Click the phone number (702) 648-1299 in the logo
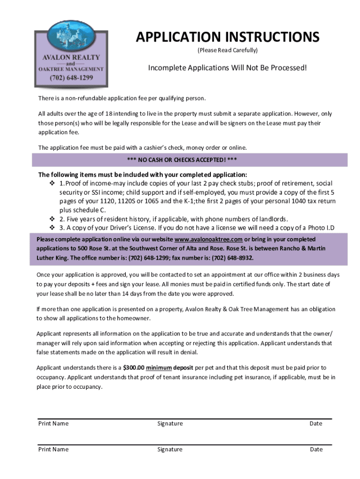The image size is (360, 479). tap(72, 78)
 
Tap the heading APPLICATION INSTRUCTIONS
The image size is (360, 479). tap(228, 37)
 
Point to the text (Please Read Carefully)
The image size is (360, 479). tap(228, 50)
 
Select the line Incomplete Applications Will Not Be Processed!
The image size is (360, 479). tap(228, 68)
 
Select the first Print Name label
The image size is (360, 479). tap(53, 424)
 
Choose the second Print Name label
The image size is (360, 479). tap(53, 450)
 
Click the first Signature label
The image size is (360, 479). tap(170, 424)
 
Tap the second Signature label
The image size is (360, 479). tap(170, 450)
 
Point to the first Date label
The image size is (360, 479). tap(316, 424)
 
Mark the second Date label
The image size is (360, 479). tap(316, 450)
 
